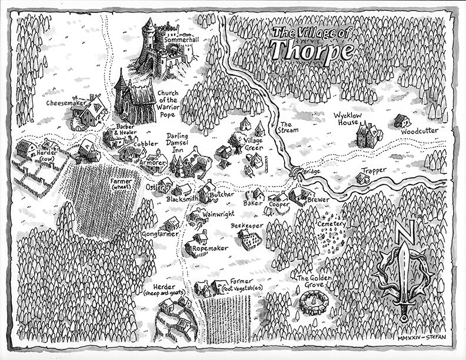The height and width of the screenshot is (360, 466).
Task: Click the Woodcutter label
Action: [x=420, y=131]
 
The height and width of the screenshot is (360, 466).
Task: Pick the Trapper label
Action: [x=374, y=171]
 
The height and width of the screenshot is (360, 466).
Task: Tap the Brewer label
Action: [x=318, y=200]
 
